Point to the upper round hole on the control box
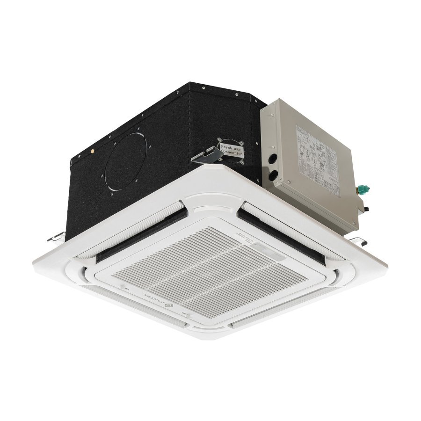coord(272,161)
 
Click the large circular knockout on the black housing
coord(125,161)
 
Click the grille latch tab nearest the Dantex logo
coord(185,312)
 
